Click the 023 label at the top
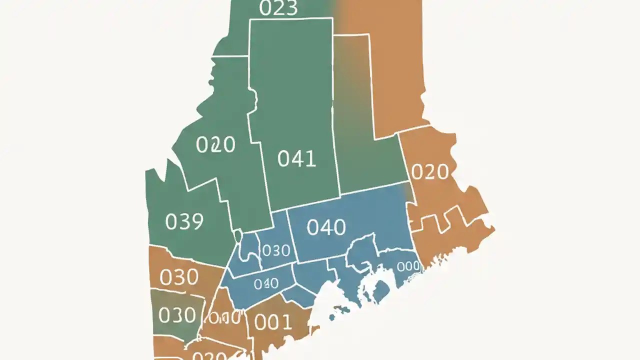pyautogui.click(x=279, y=8)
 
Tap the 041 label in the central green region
pyautogui.click(x=297, y=158)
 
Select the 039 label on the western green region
pyautogui.click(x=184, y=221)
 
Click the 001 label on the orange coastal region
pyautogui.click(x=273, y=322)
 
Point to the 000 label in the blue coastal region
pyautogui.click(x=408, y=266)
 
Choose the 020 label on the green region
pyautogui.click(x=215, y=145)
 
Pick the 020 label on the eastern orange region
pyautogui.click(x=429, y=172)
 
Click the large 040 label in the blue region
pyautogui.click(x=326, y=227)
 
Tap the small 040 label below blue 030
pyautogui.click(x=266, y=284)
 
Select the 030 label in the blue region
pyautogui.click(x=276, y=250)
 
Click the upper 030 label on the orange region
pyautogui.click(x=179, y=276)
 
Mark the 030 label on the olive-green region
pyautogui.click(x=177, y=315)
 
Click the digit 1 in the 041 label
pyautogui.click(x=311, y=158)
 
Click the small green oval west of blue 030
pyautogui.click(x=238, y=235)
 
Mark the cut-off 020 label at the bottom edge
pyautogui.click(x=210, y=356)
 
